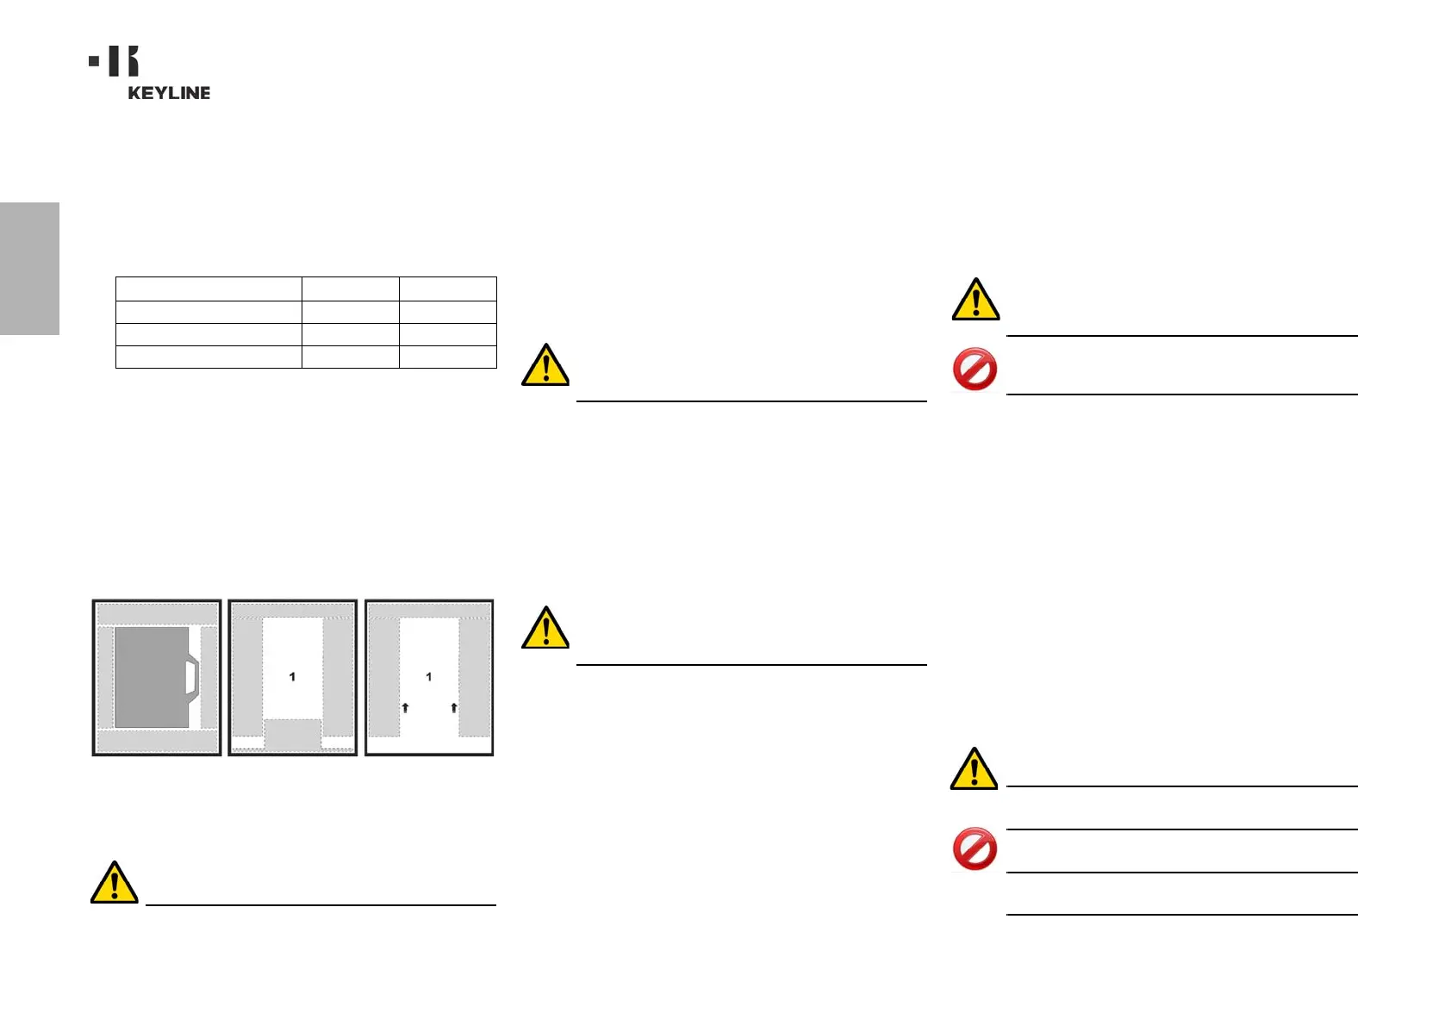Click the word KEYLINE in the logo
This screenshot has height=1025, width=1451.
click(169, 93)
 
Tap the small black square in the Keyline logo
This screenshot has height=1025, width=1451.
click(94, 61)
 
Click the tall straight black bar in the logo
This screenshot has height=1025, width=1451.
click(114, 61)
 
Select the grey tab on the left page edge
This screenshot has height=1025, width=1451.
click(29, 268)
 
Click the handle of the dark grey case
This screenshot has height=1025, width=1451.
click(193, 677)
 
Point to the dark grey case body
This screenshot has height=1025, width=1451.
click(152, 677)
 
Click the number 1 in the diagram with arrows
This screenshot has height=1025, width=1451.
click(429, 677)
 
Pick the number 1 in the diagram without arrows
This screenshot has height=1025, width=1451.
click(292, 677)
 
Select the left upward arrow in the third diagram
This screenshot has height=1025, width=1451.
click(405, 708)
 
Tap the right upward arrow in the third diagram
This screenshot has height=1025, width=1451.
click(454, 708)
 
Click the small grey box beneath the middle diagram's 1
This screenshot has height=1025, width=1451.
click(292, 736)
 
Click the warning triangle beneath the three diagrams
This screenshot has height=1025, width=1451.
click(115, 883)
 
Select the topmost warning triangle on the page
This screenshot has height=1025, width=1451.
click(975, 300)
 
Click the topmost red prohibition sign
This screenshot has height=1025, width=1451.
click(975, 370)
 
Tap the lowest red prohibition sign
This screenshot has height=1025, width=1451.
click(975, 849)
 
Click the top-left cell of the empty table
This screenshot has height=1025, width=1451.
click(209, 289)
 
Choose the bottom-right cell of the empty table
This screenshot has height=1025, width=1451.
click(448, 357)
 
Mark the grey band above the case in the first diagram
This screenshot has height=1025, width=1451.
click(157, 614)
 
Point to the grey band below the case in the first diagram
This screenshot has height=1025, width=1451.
click(157, 741)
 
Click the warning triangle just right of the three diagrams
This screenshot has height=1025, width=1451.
click(545, 628)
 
